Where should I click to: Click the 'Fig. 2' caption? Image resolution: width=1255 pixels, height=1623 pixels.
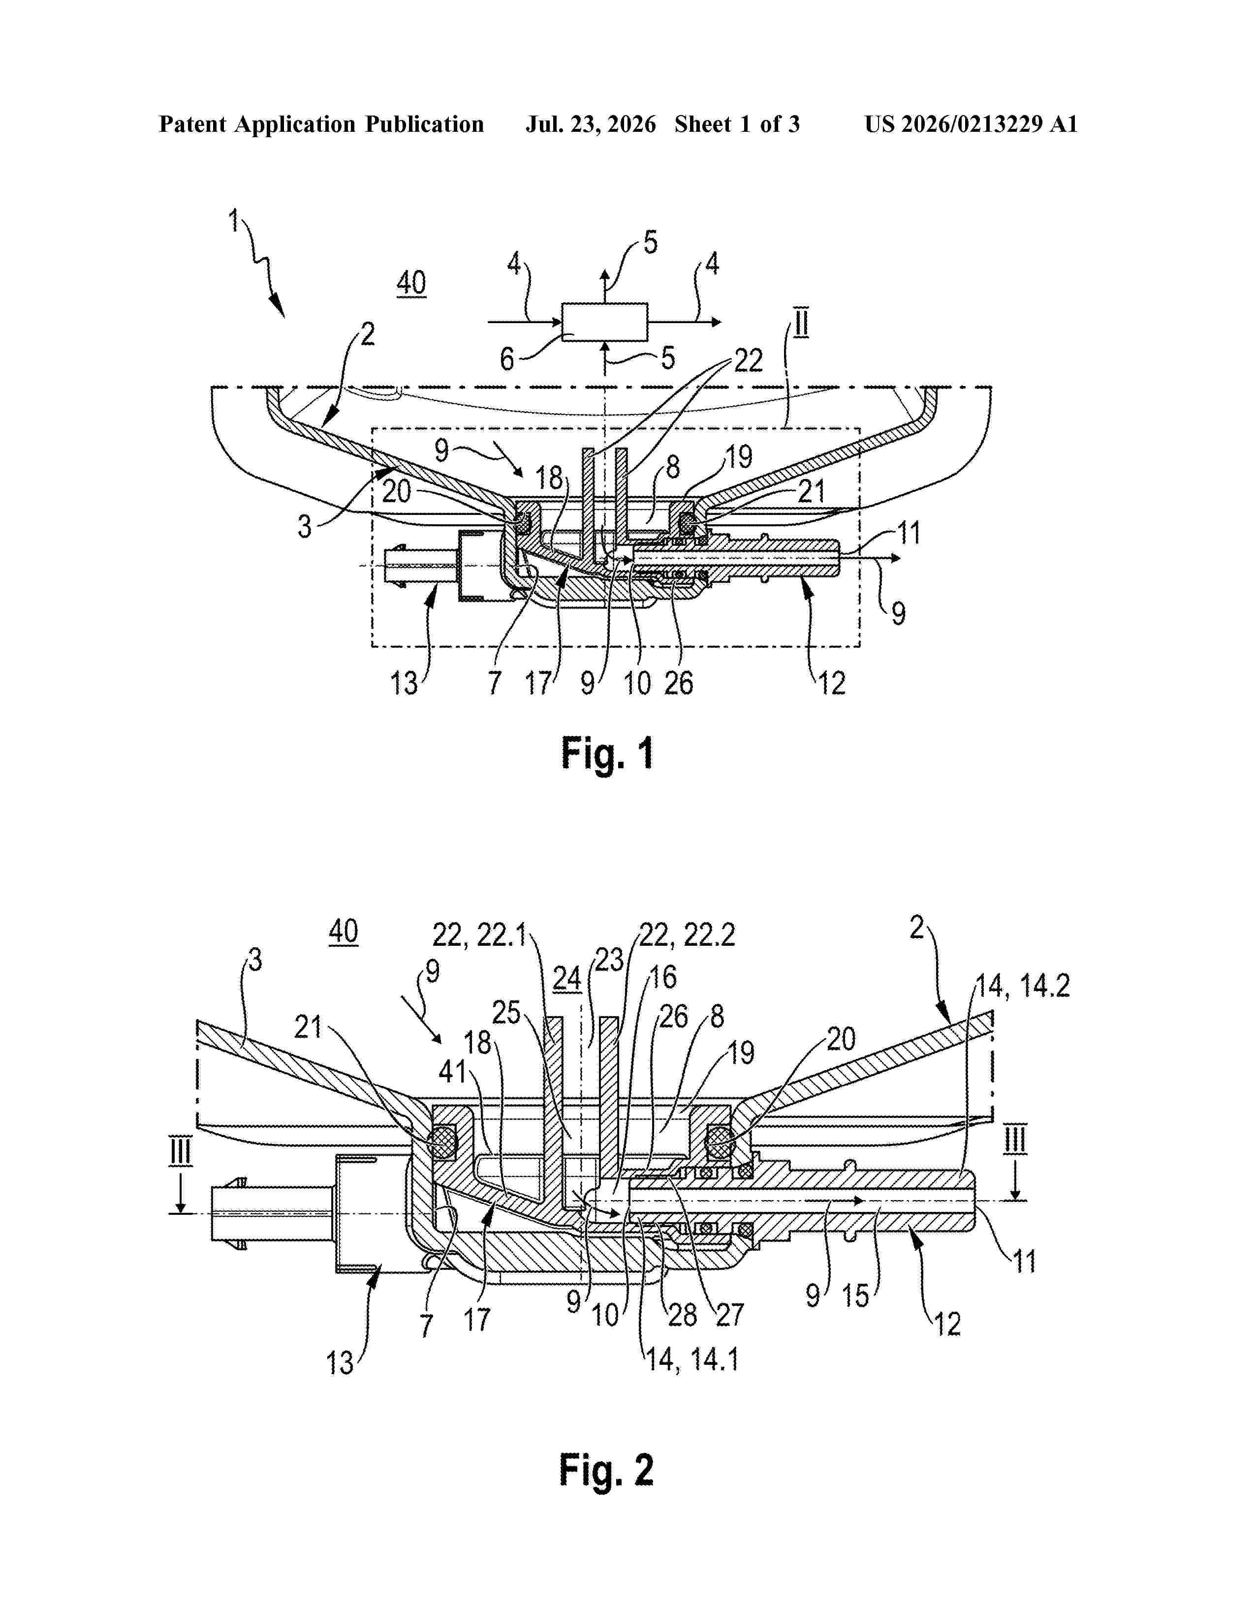tap(607, 1470)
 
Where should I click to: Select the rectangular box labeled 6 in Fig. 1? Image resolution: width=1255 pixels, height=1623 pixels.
tap(604, 321)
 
